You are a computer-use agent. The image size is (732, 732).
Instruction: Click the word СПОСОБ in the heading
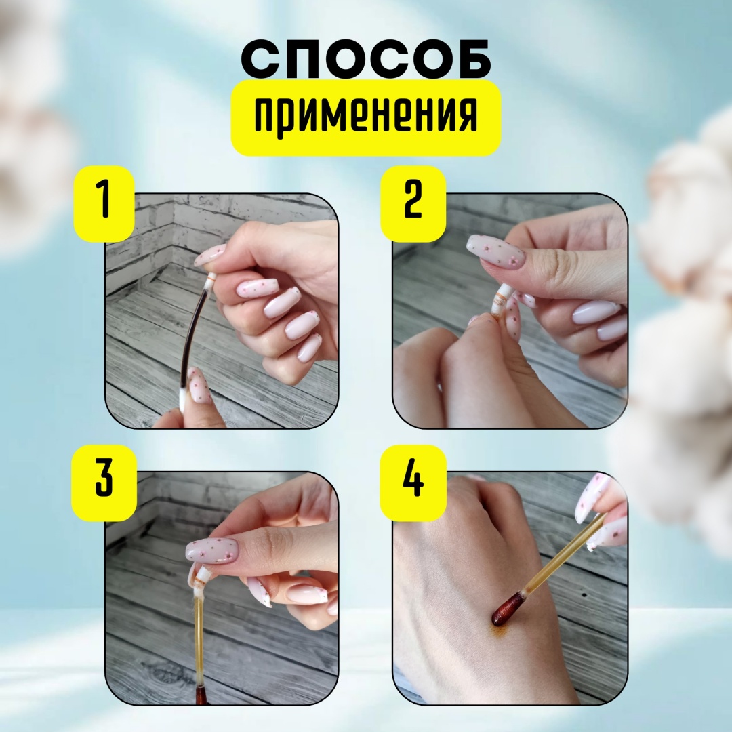click(x=366, y=60)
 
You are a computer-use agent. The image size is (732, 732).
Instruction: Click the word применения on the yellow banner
click(x=366, y=117)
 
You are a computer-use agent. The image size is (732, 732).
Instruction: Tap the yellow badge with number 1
click(x=104, y=203)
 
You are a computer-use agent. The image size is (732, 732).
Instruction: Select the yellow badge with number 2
click(x=413, y=203)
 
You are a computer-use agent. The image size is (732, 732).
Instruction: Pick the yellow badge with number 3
click(x=104, y=482)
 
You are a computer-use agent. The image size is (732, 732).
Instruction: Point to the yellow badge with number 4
click(x=413, y=482)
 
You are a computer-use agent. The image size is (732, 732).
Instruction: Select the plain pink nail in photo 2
click(x=596, y=312)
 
